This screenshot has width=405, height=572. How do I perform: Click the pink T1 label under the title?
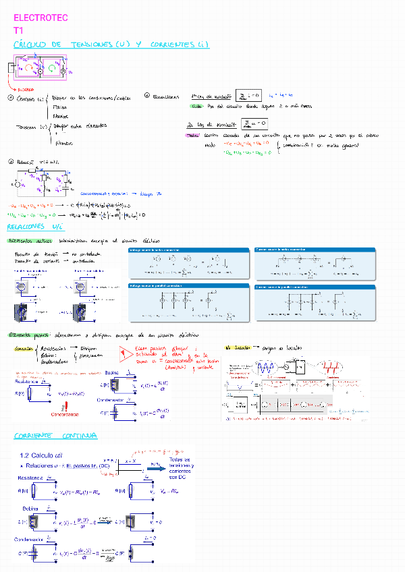18,30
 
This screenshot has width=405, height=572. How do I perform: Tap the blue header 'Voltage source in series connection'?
151,250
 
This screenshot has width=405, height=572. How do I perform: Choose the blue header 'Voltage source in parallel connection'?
153,286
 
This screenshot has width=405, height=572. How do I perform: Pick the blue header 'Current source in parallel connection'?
279,286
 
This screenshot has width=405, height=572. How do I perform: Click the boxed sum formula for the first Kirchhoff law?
244,96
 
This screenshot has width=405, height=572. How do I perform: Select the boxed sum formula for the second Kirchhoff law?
254,123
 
